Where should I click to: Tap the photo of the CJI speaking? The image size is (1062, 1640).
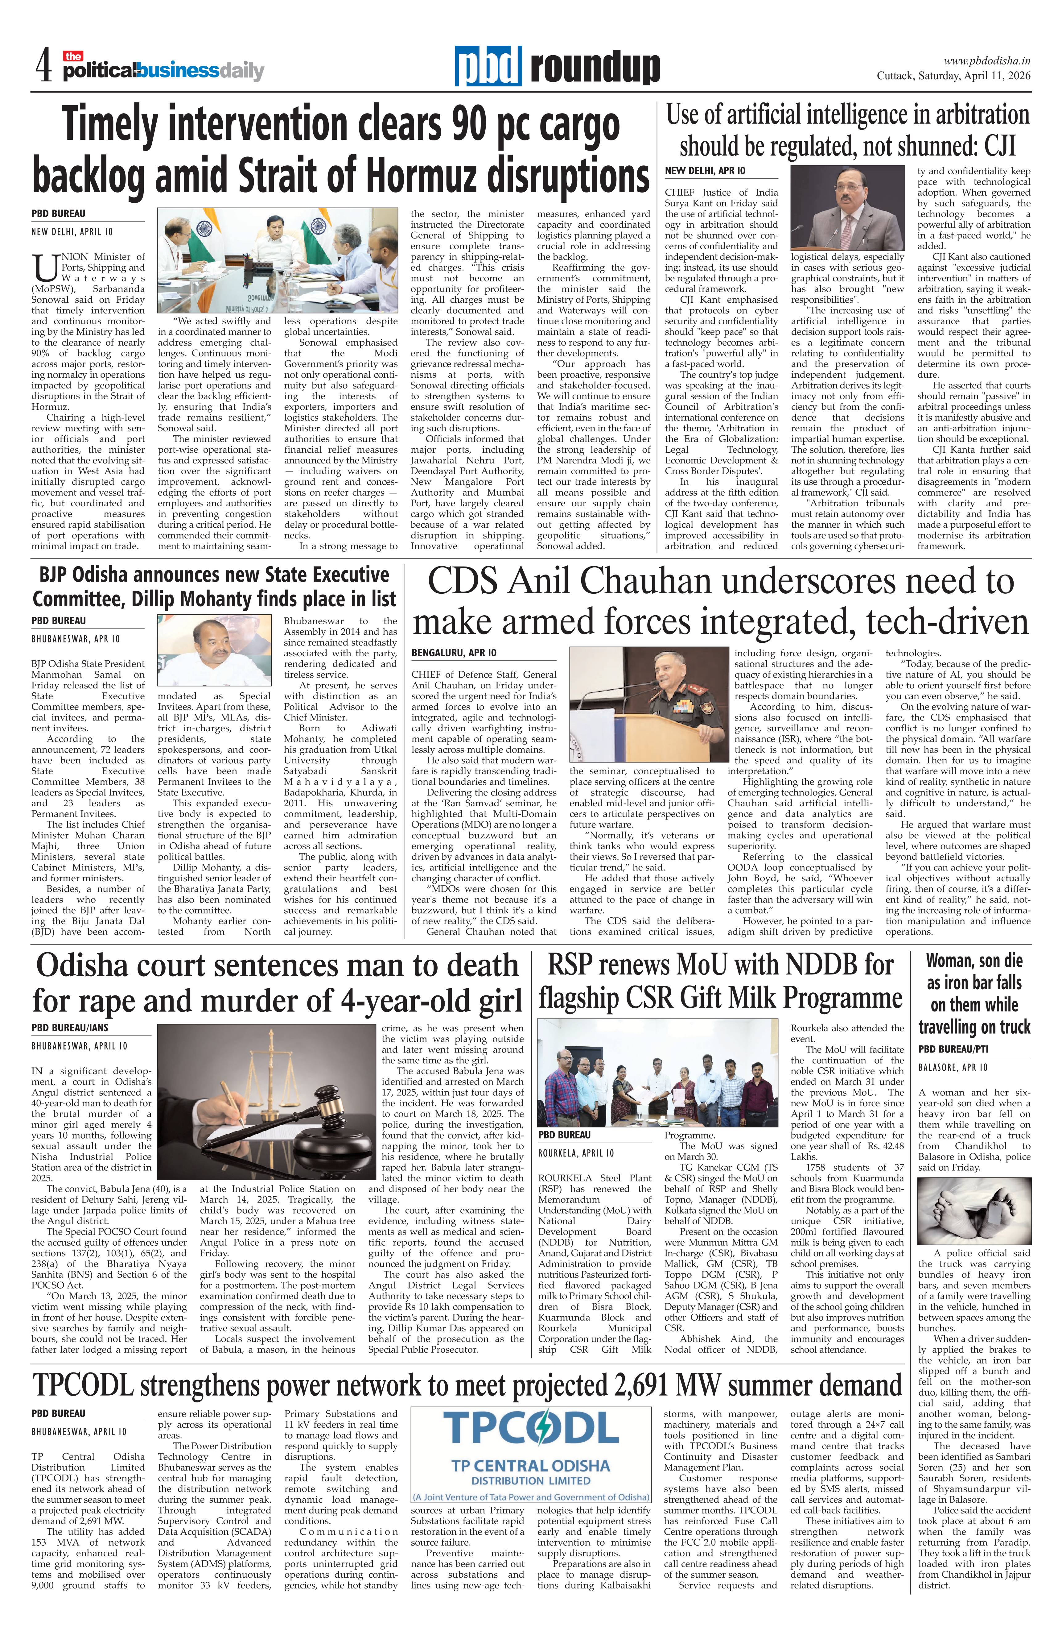coord(847,207)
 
